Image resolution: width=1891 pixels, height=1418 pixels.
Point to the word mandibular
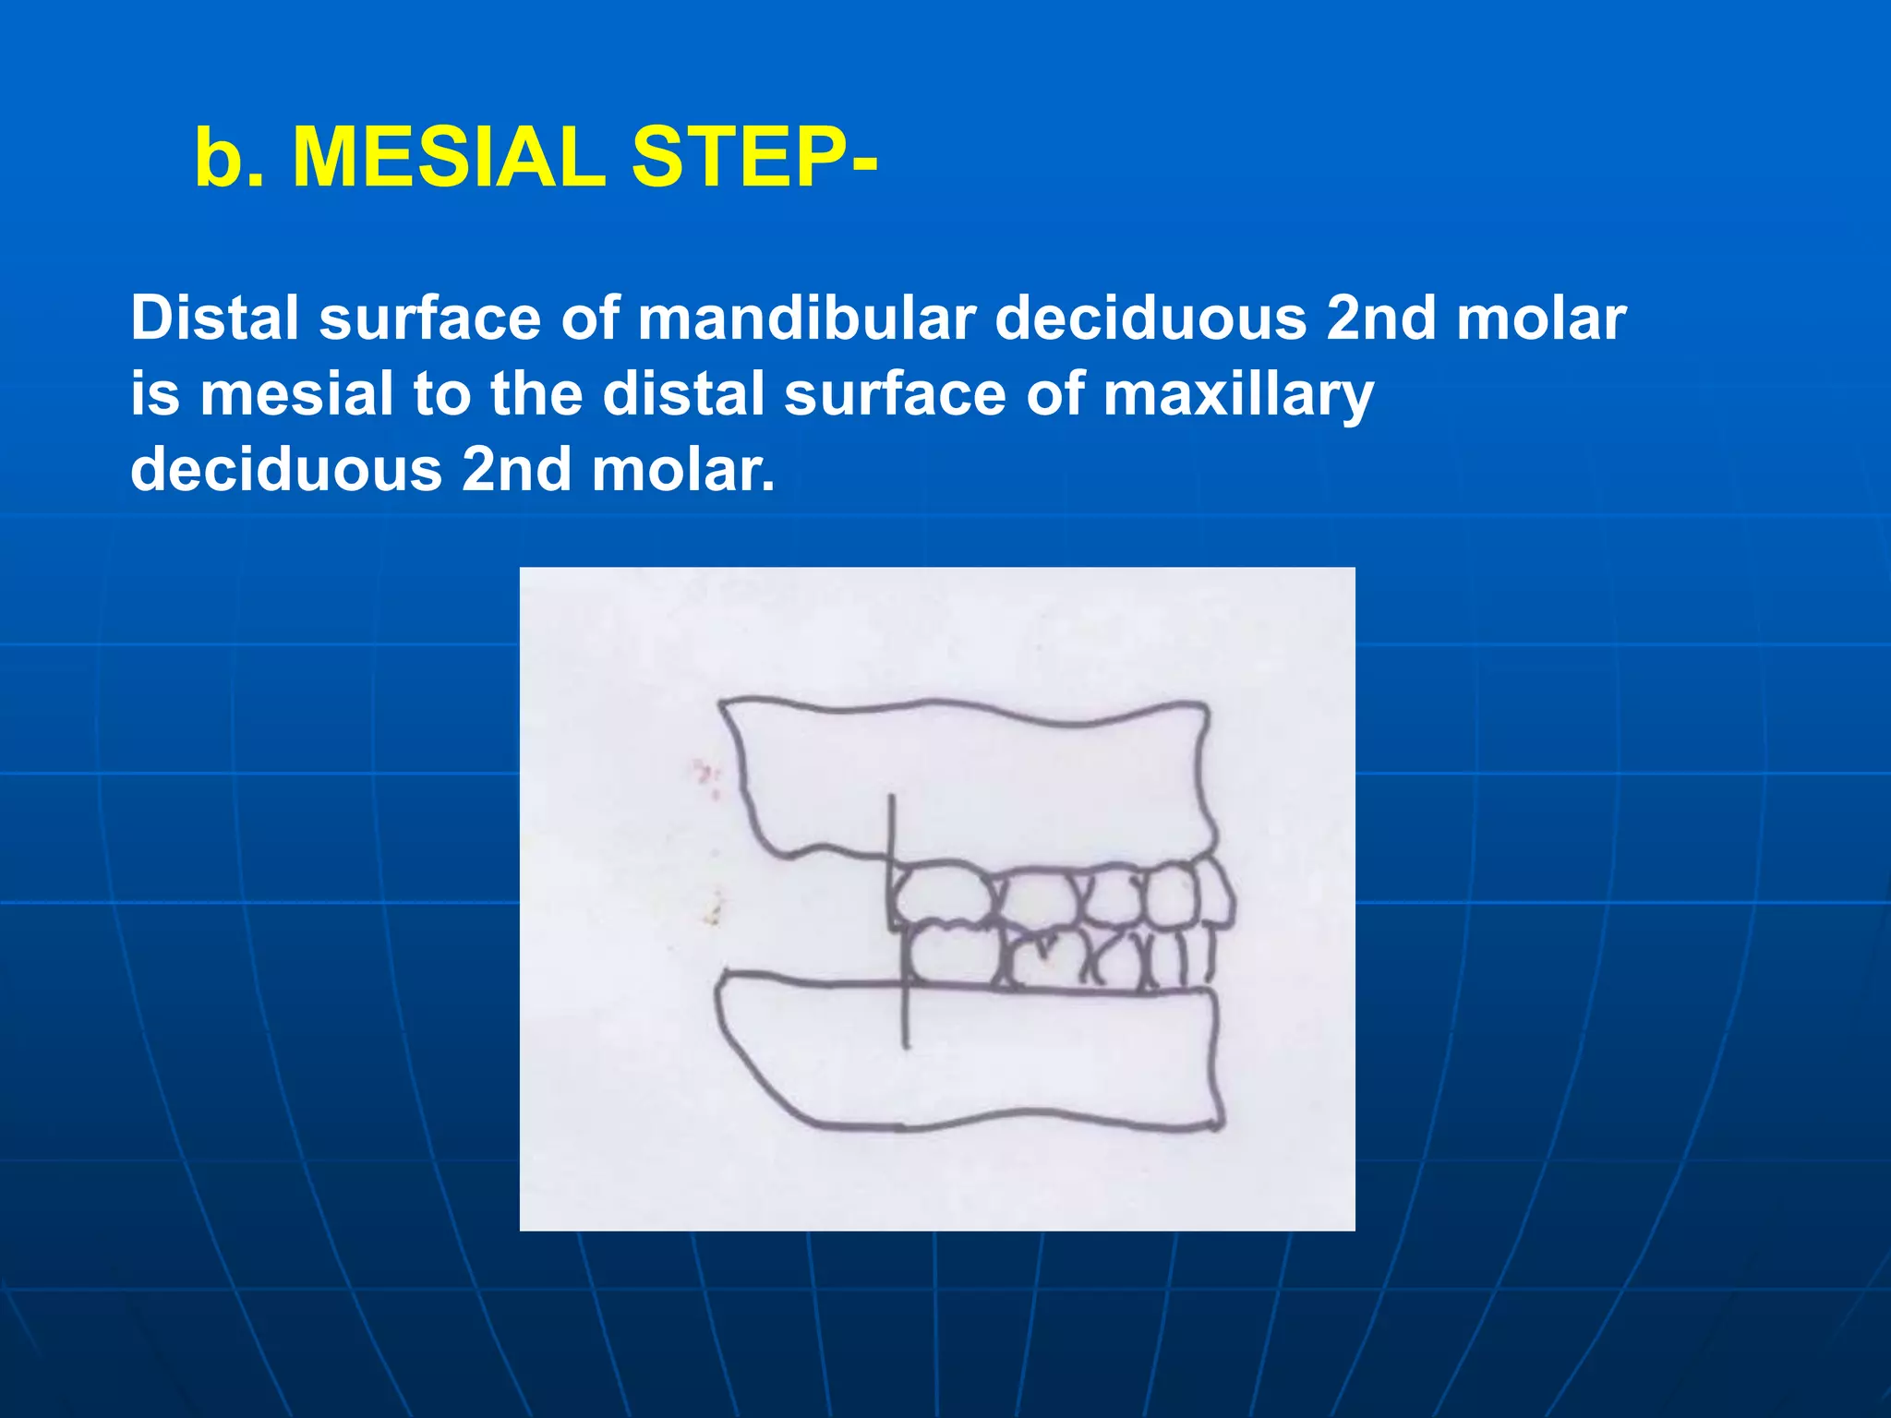tap(806, 318)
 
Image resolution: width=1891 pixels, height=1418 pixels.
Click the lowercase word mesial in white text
tap(296, 394)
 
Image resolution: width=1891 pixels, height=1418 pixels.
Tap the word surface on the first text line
tap(430, 318)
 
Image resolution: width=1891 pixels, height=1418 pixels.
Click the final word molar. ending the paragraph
tap(683, 470)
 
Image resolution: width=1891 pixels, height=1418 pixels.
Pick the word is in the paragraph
tap(154, 394)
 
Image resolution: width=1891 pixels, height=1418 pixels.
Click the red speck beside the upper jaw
tap(706, 771)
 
